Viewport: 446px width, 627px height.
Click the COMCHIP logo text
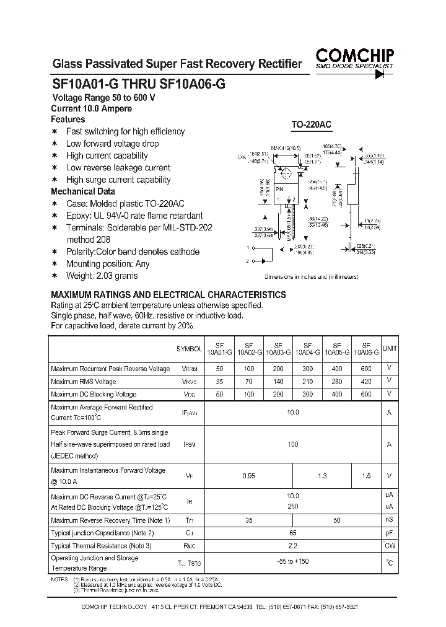pyautogui.click(x=355, y=55)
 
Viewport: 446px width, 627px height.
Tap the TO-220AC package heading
pyautogui.click(x=312, y=125)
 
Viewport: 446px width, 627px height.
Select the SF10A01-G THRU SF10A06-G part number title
pyautogui.click(x=138, y=87)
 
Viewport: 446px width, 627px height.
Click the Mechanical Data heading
pyautogui.click(x=82, y=191)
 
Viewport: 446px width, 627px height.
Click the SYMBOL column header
pyautogui.click(x=190, y=349)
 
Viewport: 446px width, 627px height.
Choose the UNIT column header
pyautogui.click(x=390, y=349)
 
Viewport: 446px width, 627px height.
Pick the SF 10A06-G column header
pyautogui.click(x=366, y=349)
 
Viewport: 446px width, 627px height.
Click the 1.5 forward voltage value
pyautogui.click(x=366, y=476)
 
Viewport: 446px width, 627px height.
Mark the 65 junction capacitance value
pyautogui.click(x=293, y=533)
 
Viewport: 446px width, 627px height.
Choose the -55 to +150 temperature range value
pyautogui.click(x=293, y=562)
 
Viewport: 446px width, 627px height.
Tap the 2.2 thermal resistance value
pyautogui.click(x=293, y=546)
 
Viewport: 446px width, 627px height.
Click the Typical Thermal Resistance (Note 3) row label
pyautogui.click(x=100, y=546)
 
